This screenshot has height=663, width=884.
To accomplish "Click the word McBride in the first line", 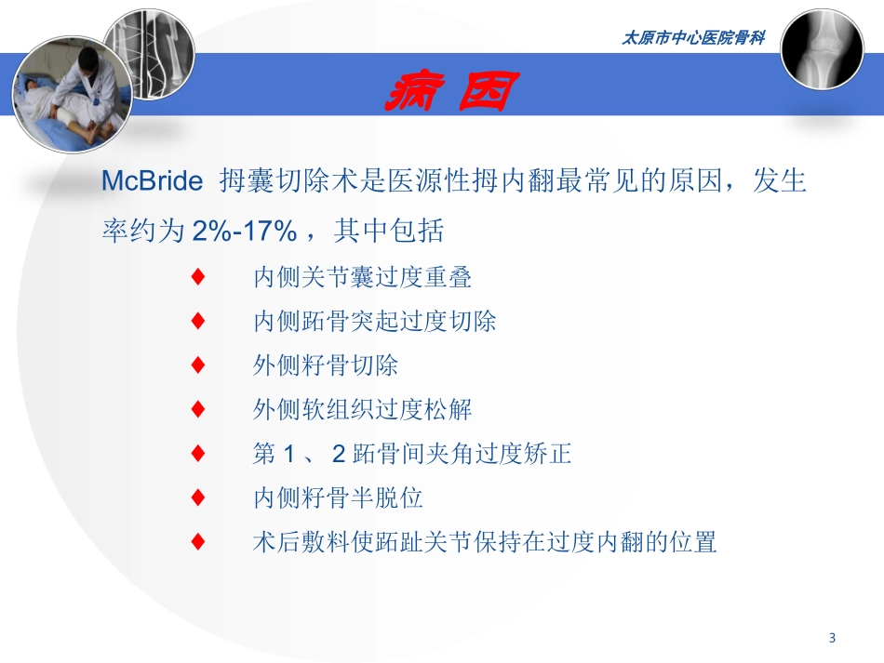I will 151,181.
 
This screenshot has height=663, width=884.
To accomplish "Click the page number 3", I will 832,638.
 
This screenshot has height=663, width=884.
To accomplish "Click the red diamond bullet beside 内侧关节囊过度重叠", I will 197,276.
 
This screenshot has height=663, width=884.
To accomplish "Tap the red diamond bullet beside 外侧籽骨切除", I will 197,365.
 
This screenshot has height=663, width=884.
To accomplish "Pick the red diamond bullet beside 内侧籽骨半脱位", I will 197,497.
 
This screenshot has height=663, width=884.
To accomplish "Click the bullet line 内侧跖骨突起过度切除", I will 375,321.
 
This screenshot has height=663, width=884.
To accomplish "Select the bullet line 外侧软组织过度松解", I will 363,409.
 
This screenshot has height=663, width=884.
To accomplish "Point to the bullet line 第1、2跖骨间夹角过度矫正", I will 412,454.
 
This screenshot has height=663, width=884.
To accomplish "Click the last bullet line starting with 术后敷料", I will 485,542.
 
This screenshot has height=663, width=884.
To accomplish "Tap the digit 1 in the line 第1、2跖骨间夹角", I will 288,454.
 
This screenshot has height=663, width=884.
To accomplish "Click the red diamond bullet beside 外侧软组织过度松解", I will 197,409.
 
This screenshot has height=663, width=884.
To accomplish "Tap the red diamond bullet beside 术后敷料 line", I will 197,542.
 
